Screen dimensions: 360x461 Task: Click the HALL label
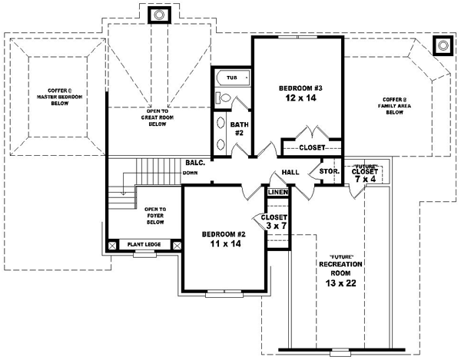point(290,173)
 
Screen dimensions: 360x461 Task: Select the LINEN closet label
point(277,191)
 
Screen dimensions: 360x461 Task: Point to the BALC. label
point(194,162)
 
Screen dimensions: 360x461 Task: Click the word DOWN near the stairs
point(191,173)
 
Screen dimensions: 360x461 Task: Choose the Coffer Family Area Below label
point(393,105)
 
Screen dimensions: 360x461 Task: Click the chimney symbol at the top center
point(160,14)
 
